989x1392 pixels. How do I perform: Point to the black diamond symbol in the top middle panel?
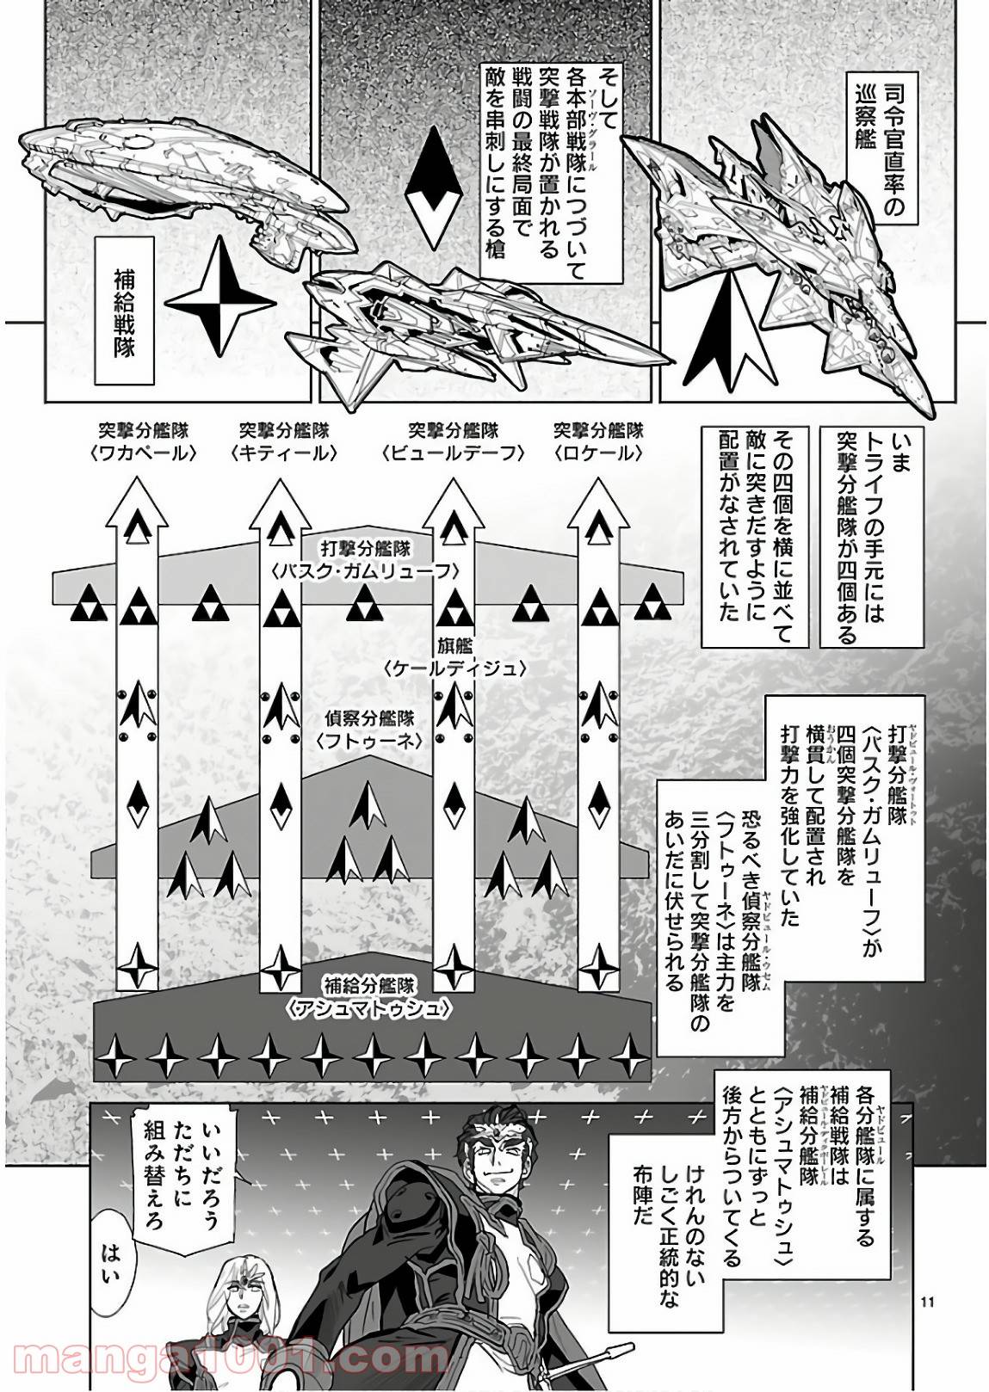[x=447, y=182]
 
